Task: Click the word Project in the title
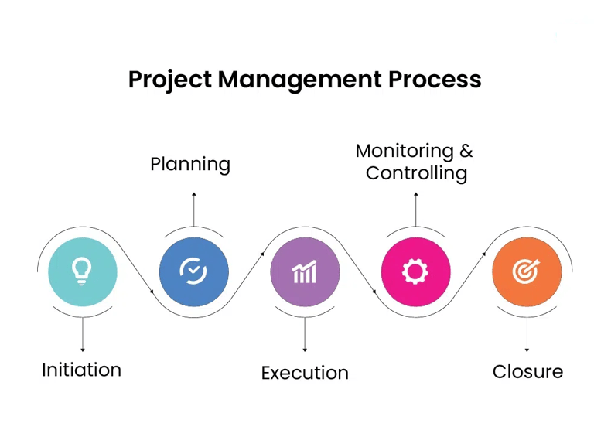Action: (169, 80)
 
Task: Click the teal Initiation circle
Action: (83, 271)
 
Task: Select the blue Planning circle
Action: (193, 271)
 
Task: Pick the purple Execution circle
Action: (305, 271)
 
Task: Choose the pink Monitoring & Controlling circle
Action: (415, 271)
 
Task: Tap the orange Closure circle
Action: (527, 271)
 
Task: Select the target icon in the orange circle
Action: (526, 271)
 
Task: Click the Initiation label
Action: (81, 370)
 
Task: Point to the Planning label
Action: (190, 165)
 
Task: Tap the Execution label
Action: (305, 373)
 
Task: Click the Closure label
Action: (527, 371)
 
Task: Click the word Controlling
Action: (416, 173)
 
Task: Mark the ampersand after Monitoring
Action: (466, 151)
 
